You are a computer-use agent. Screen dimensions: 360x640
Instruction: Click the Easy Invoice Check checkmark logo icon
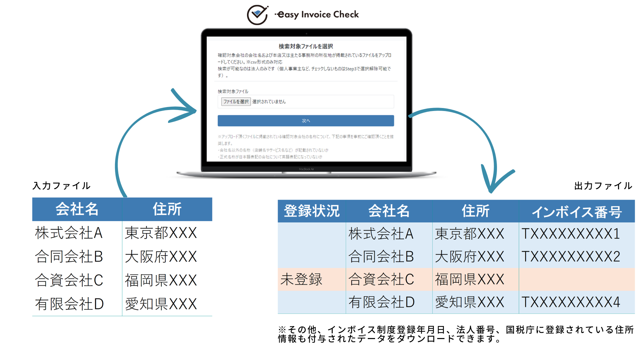pos(257,15)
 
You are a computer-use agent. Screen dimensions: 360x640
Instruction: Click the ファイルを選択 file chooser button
pos(236,102)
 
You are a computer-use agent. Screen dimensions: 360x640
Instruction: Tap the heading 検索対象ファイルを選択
pos(306,46)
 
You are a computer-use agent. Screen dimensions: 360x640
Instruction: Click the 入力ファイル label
pos(62,186)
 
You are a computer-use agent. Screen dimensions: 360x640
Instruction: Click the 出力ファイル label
pos(603,186)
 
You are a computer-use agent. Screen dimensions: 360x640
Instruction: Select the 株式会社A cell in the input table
pos(69,233)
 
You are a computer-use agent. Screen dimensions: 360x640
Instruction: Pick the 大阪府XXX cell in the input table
pos(161,257)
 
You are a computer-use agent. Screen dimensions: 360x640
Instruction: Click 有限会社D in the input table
pos(70,304)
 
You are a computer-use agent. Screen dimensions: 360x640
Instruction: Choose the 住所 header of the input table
pos(167,209)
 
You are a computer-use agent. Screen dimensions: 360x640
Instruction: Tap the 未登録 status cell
pos(301,279)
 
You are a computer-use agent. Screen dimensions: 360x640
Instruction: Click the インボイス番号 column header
pos(577,212)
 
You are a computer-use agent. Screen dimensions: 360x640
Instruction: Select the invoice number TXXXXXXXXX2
pos(571,257)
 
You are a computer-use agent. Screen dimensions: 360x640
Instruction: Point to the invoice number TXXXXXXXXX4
pos(571,302)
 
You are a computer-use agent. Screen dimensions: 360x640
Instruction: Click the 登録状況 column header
pos(312,211)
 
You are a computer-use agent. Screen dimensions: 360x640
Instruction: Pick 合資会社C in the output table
pos(381,279)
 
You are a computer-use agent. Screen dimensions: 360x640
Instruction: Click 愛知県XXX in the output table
pos(469,302)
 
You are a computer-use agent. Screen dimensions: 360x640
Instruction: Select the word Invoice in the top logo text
pos(316,15)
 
